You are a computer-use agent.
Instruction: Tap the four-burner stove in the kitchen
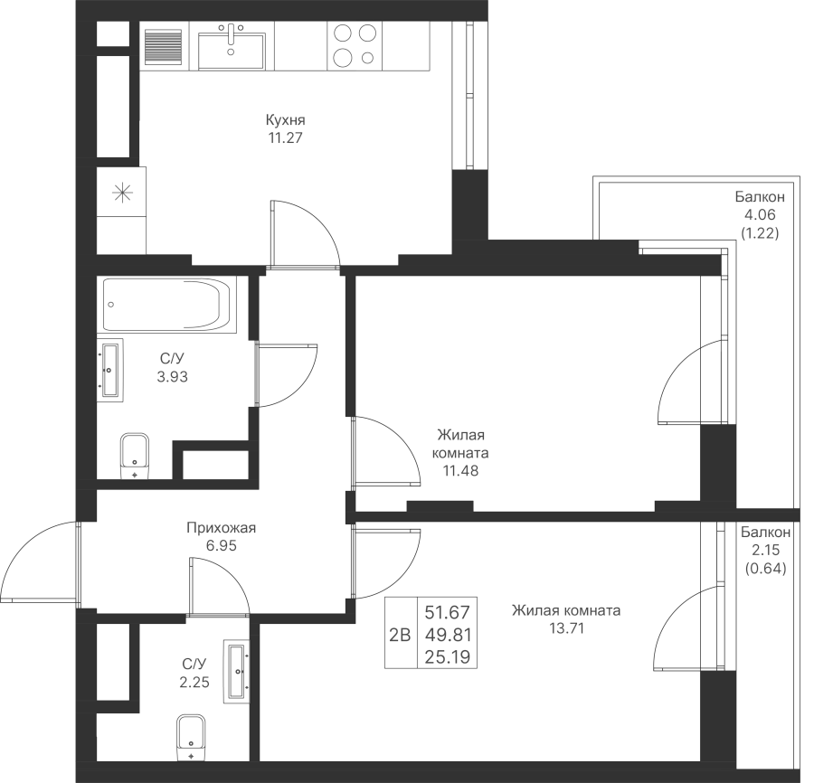(354, 45)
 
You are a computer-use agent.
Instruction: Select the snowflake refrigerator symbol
(120, 193)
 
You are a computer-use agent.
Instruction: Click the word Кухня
(285, 120)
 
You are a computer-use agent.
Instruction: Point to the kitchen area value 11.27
(285, 138)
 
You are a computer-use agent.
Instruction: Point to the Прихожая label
(222, 529)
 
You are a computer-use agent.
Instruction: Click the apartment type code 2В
(398, 634)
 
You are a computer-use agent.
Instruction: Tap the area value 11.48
(461, 470)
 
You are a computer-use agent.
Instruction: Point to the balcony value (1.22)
(760, 232)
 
